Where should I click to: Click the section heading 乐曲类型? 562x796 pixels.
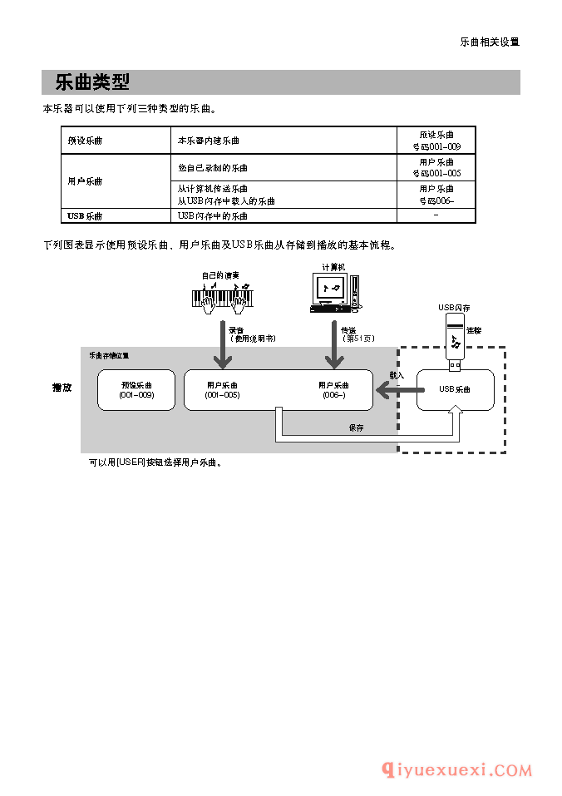coord(91,82)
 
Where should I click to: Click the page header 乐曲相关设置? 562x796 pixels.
coord(490,42)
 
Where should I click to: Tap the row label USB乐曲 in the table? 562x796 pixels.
coord(85,216)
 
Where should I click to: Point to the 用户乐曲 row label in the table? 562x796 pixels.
coord(85,180)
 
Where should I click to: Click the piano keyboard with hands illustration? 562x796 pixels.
coord(221,298)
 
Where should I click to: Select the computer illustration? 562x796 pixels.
coord(334,293)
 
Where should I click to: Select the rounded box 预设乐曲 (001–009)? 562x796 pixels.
coord(136,390)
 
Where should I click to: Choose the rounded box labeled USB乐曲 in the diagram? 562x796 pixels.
coord(455,390)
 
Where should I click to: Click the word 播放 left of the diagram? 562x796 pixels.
coord(62,388)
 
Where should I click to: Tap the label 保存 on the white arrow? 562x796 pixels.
coord(356,428)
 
